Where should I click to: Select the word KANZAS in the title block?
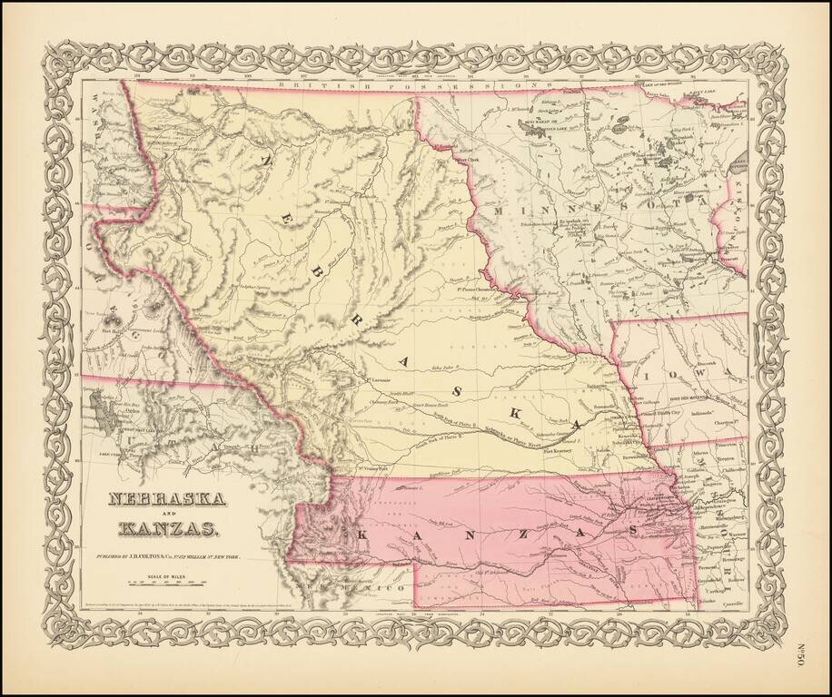[166, 529]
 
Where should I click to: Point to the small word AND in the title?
[162, 515]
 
